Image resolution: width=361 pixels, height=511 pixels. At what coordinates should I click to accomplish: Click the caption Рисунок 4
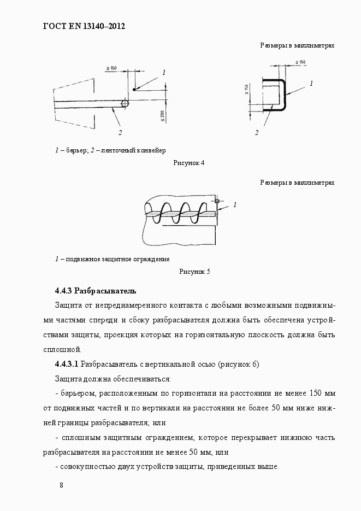pos(188,163)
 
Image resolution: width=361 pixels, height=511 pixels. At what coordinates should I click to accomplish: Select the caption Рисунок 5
pos(194,271)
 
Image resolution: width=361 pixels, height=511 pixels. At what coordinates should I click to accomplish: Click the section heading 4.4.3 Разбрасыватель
pos(96,290)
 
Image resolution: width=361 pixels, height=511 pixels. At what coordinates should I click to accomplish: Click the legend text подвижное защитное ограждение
pos(117,259)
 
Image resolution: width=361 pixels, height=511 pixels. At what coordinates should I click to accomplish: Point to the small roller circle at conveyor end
pos(125,103)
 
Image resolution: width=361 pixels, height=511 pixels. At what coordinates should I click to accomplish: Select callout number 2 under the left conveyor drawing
pos(120,132)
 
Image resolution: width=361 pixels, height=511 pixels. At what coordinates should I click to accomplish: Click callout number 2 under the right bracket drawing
pos(256,132)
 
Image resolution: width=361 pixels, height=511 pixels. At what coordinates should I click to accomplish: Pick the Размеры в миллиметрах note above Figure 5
pos(297,182)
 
